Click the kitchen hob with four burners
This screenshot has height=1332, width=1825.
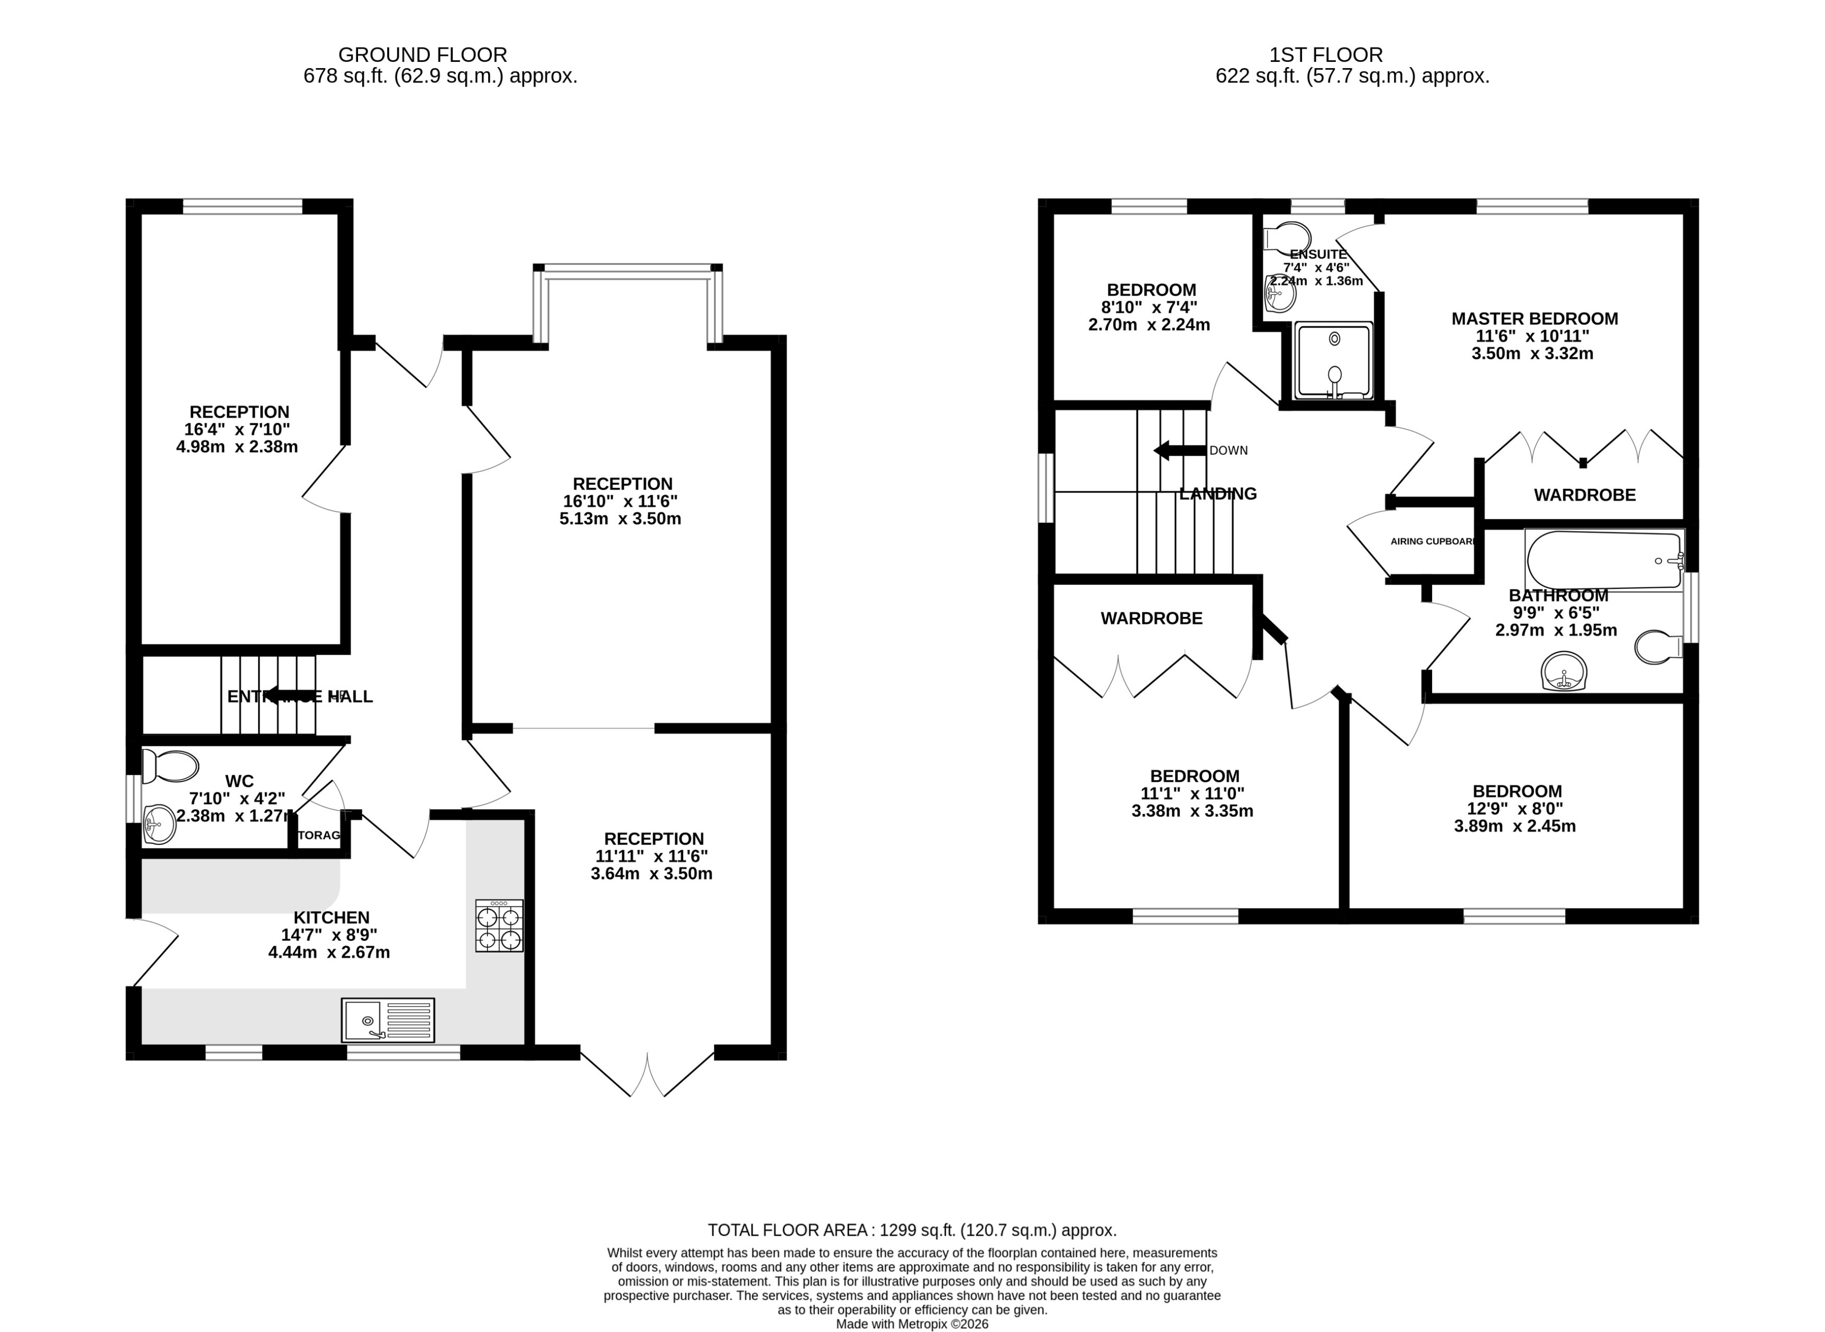coord(499,926)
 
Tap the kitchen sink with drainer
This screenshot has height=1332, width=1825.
coord(388,1020)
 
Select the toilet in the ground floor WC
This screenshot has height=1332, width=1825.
coord(169,766)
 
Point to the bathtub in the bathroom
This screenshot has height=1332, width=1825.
coord(1603,560)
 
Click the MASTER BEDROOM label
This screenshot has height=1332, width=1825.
coord(1534,319)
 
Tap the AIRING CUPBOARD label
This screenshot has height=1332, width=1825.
coord(1432,541)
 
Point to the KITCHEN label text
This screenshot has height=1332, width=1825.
coord(332,918)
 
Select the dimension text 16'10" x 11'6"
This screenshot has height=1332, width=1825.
coord(620,501)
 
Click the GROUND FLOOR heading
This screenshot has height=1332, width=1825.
coord(423,55)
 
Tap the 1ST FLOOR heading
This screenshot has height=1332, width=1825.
coord(1326,55)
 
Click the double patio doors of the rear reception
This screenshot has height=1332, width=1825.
coord(647,1074)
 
